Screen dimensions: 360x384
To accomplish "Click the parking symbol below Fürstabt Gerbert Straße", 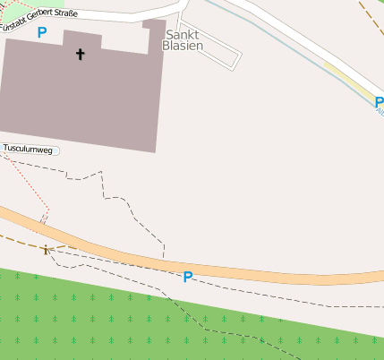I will [42, 32].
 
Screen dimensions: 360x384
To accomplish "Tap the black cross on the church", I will [80, 55].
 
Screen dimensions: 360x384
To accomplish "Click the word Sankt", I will [183, 34].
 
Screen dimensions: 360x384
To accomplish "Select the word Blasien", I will [183, 46].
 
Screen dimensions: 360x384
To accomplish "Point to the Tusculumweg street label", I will [29, 149].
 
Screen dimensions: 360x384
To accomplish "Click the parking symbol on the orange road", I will [188, 277].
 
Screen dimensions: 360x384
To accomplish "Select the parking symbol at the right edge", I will [379, 103].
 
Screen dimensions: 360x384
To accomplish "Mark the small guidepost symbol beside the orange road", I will [46, 250].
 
